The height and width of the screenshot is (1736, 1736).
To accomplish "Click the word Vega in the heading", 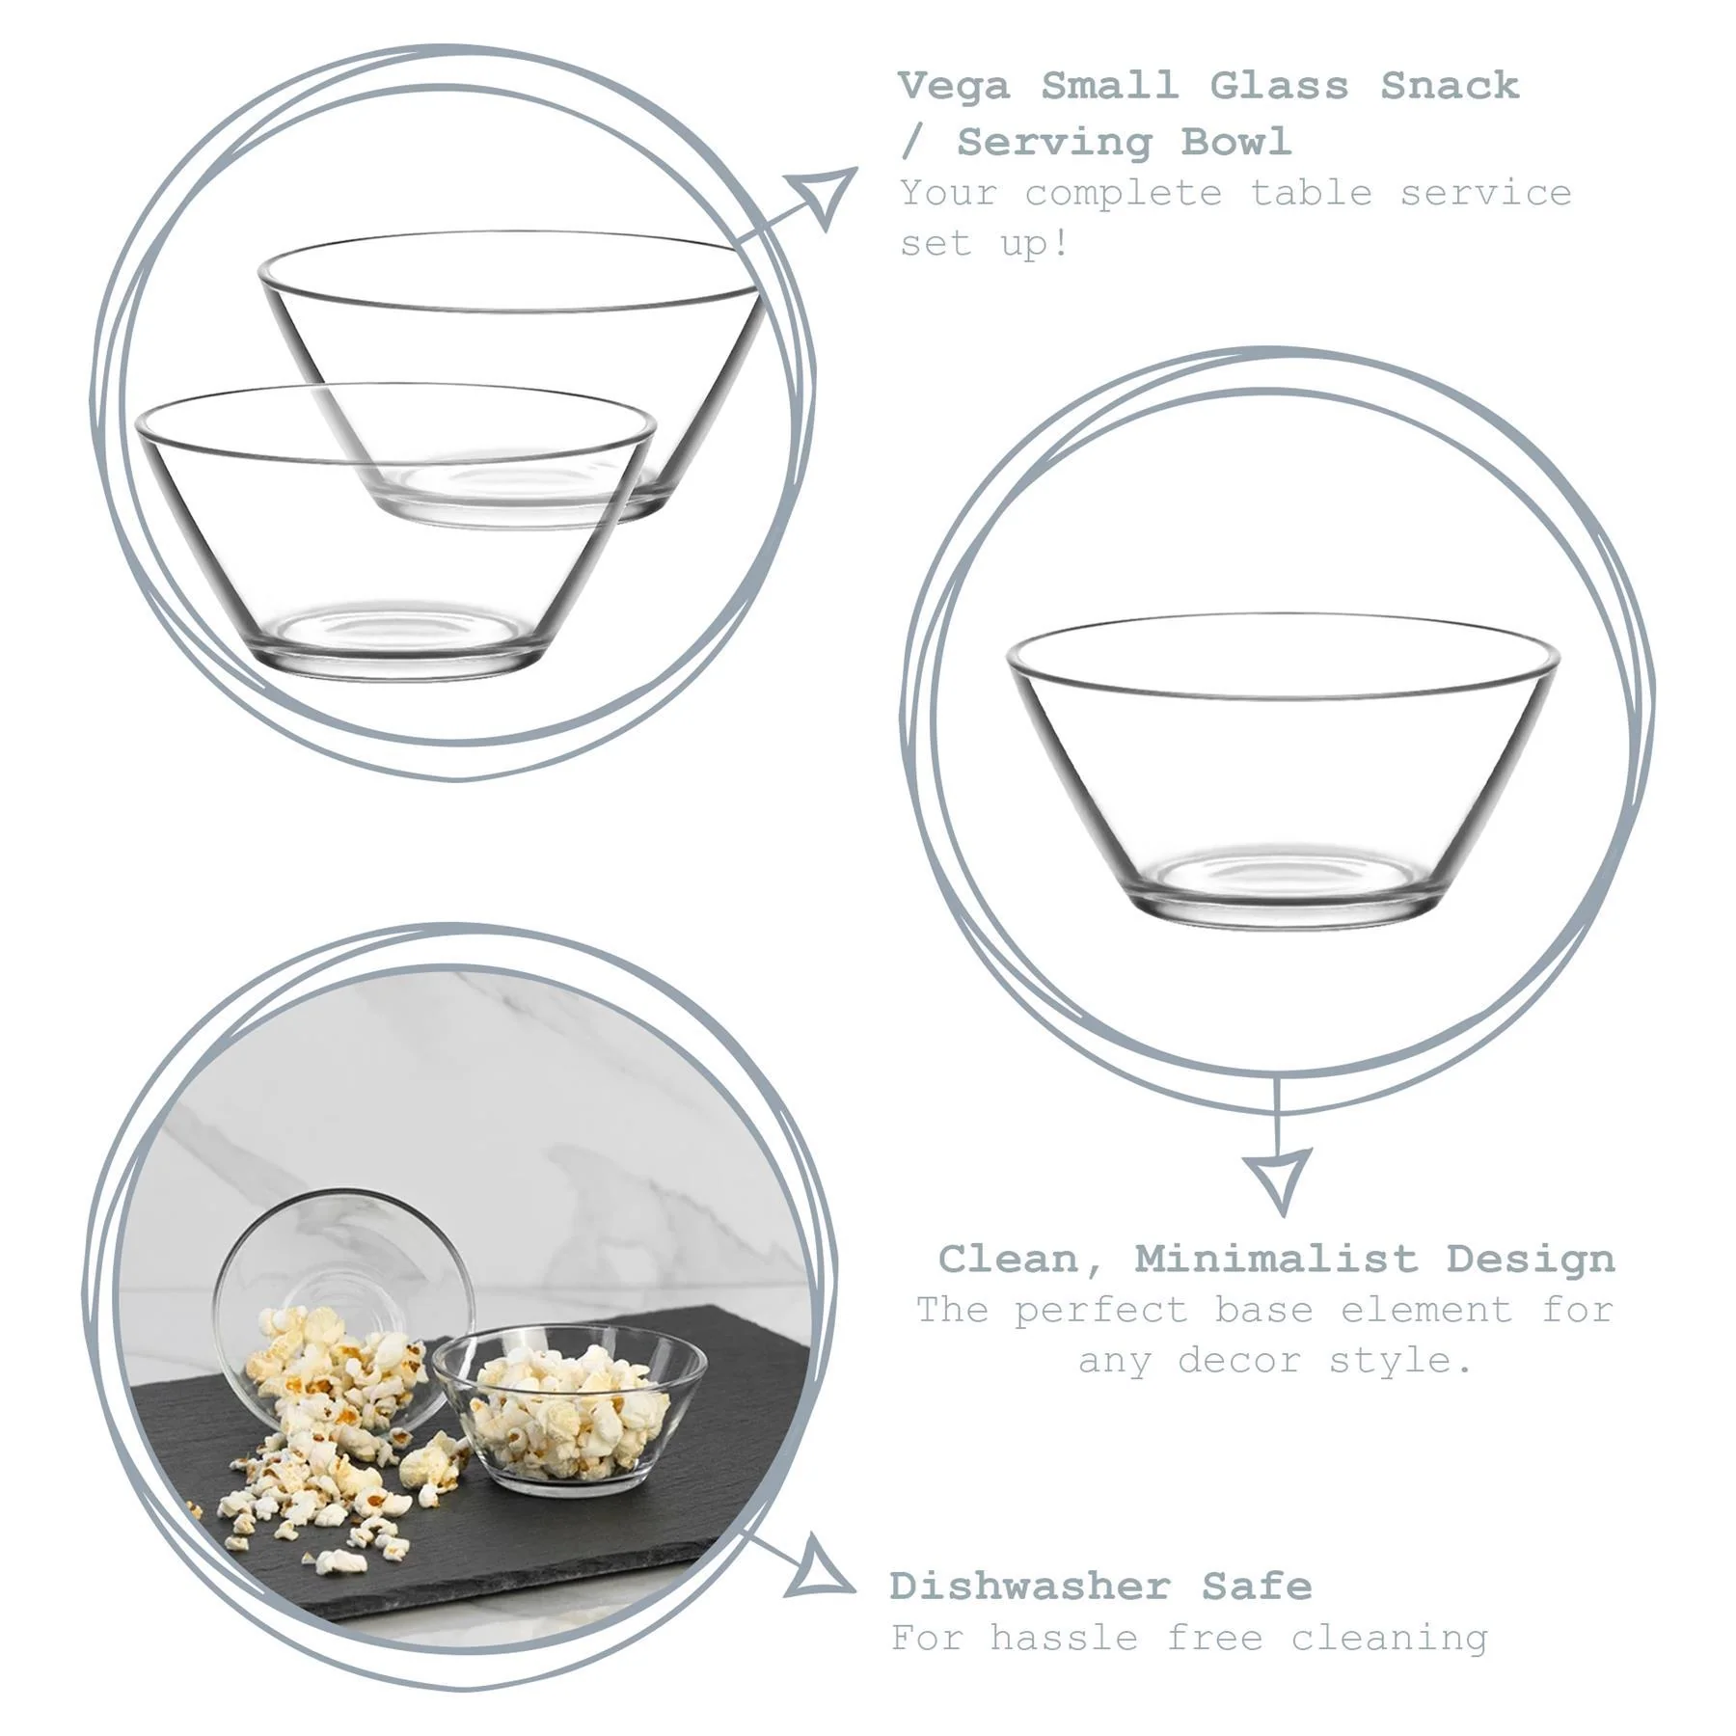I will pyautogui.click(x=954, y=87).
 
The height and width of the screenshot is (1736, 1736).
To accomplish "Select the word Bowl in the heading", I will pyautogui.click(x=1235, y=143).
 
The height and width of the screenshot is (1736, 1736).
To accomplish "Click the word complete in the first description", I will pyautogui.click(x=1123, y=193).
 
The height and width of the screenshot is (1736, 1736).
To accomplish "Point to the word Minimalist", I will pyautogui.click(x=1275, y=1259).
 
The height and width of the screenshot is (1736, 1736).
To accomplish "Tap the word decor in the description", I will pyautogui.click(x=1238, y=1361).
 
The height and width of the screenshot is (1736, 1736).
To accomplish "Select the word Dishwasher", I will pyautogui.click(x=1030, y=1586).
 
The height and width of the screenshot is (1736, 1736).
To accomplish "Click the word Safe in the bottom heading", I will pyautogui.click(x=1256, y=1586).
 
